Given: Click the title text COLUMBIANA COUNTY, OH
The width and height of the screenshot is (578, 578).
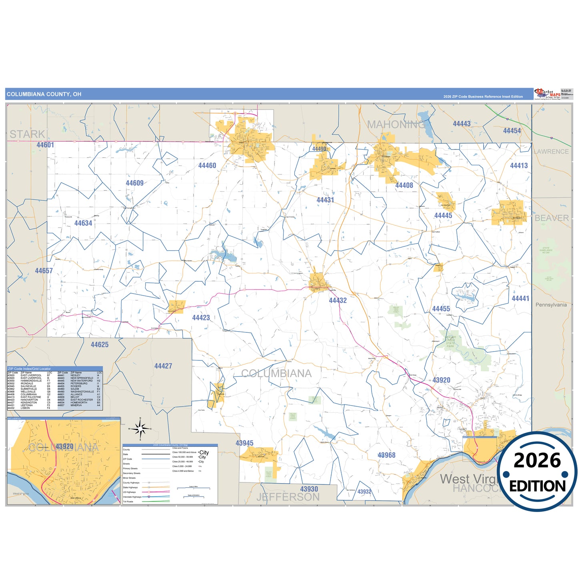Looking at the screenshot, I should coord(44,94).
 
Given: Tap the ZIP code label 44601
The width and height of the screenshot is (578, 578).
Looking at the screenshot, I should coord(45,145).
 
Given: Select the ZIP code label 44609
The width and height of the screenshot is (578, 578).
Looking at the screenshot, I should coord(134,183).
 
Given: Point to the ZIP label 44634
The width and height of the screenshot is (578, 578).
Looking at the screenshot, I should coord(83,223).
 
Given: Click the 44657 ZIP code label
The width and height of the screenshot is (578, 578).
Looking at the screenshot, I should coord(44,271).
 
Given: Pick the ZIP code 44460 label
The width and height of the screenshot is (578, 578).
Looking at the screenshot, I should coord(207,166).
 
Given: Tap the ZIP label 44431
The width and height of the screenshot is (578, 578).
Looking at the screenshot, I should coord(325,200).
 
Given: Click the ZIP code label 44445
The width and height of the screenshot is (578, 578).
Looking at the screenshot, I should coord(443,216).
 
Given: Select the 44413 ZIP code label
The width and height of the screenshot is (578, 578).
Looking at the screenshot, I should coord(519,166).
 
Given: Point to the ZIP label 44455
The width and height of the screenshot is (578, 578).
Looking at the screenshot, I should coord(441,309).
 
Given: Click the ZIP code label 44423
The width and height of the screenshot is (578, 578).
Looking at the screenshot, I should coord(201,318).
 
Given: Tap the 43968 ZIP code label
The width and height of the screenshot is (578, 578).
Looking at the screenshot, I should coord(386,455).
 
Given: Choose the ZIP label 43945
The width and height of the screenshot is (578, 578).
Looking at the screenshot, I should coord(244,443).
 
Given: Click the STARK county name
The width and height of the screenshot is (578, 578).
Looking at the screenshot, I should coord(27,134).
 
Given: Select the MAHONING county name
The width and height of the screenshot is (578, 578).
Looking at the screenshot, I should coord(396,125).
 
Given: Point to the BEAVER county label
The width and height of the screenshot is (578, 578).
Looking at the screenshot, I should coord(552,218).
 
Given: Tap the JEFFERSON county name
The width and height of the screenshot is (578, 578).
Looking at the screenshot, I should coord(288,497).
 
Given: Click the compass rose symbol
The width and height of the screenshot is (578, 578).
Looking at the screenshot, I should coord(140,429).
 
